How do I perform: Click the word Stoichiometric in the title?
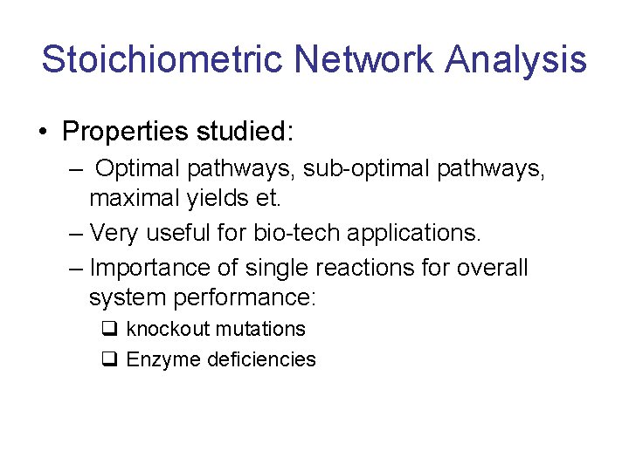pyautogui.click(x=162, y=60)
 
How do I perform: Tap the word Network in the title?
pyautogui.click(x=363, y=60)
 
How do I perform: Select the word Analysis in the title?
pyautogui.click(x=515, y=60)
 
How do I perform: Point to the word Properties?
pyautogui.click(x=126, y=132)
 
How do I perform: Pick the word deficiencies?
pyautogui.click(x=262, y=359)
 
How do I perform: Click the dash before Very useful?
pyautogui.click(x=76, y=233)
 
